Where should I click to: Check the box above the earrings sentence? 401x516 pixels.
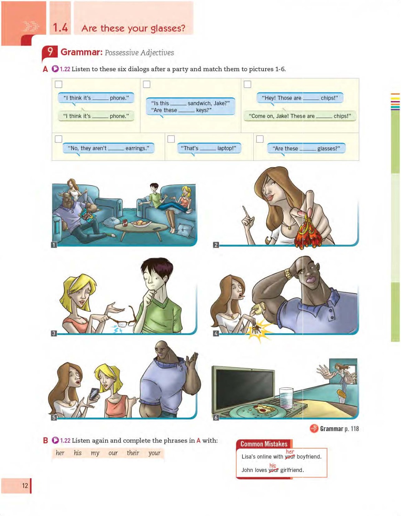(58, 139)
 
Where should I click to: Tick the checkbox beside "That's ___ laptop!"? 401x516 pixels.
(171, 139)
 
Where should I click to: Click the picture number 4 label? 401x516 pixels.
(216, 333)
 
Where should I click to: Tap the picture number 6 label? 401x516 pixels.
(216, 418)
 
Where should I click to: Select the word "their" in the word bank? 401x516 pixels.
(133, 453)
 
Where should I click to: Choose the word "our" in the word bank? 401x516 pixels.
(113, 453)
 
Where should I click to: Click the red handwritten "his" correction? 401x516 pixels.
(273, 466)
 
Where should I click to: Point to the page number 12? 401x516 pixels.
(25, 485)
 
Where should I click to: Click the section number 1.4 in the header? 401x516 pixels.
(60, 28)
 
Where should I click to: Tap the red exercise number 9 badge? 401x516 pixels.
(50, 52)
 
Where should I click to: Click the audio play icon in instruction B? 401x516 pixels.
(55, 440)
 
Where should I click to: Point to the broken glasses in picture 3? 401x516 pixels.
(123, 318)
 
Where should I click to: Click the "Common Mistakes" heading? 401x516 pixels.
(264, 444)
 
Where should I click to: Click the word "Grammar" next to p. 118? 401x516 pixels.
(331, 429)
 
